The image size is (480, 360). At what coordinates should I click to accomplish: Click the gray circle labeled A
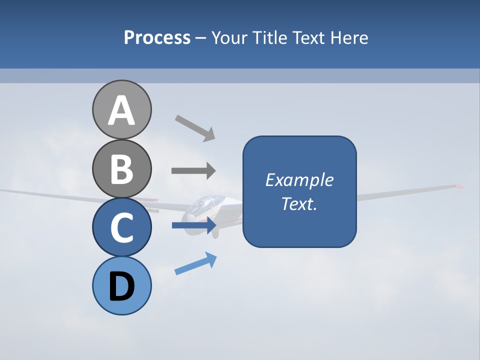121,109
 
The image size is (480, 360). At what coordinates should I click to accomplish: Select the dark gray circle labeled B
121,168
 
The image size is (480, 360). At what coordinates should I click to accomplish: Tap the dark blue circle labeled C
121,227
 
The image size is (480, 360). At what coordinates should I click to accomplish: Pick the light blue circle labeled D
121,285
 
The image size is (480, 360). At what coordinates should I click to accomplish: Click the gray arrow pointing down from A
195,127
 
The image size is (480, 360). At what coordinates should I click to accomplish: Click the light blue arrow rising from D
195,263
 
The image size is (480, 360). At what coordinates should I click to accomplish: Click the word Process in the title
157,37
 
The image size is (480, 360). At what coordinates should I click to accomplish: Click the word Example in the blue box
299,180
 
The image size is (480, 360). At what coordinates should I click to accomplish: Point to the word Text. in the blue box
299,204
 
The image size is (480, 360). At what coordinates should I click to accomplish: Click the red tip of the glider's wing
458,186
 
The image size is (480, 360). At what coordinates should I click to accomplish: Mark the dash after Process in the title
201,38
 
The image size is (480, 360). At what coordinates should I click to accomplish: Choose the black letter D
121,287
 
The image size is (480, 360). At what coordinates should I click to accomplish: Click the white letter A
121,111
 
